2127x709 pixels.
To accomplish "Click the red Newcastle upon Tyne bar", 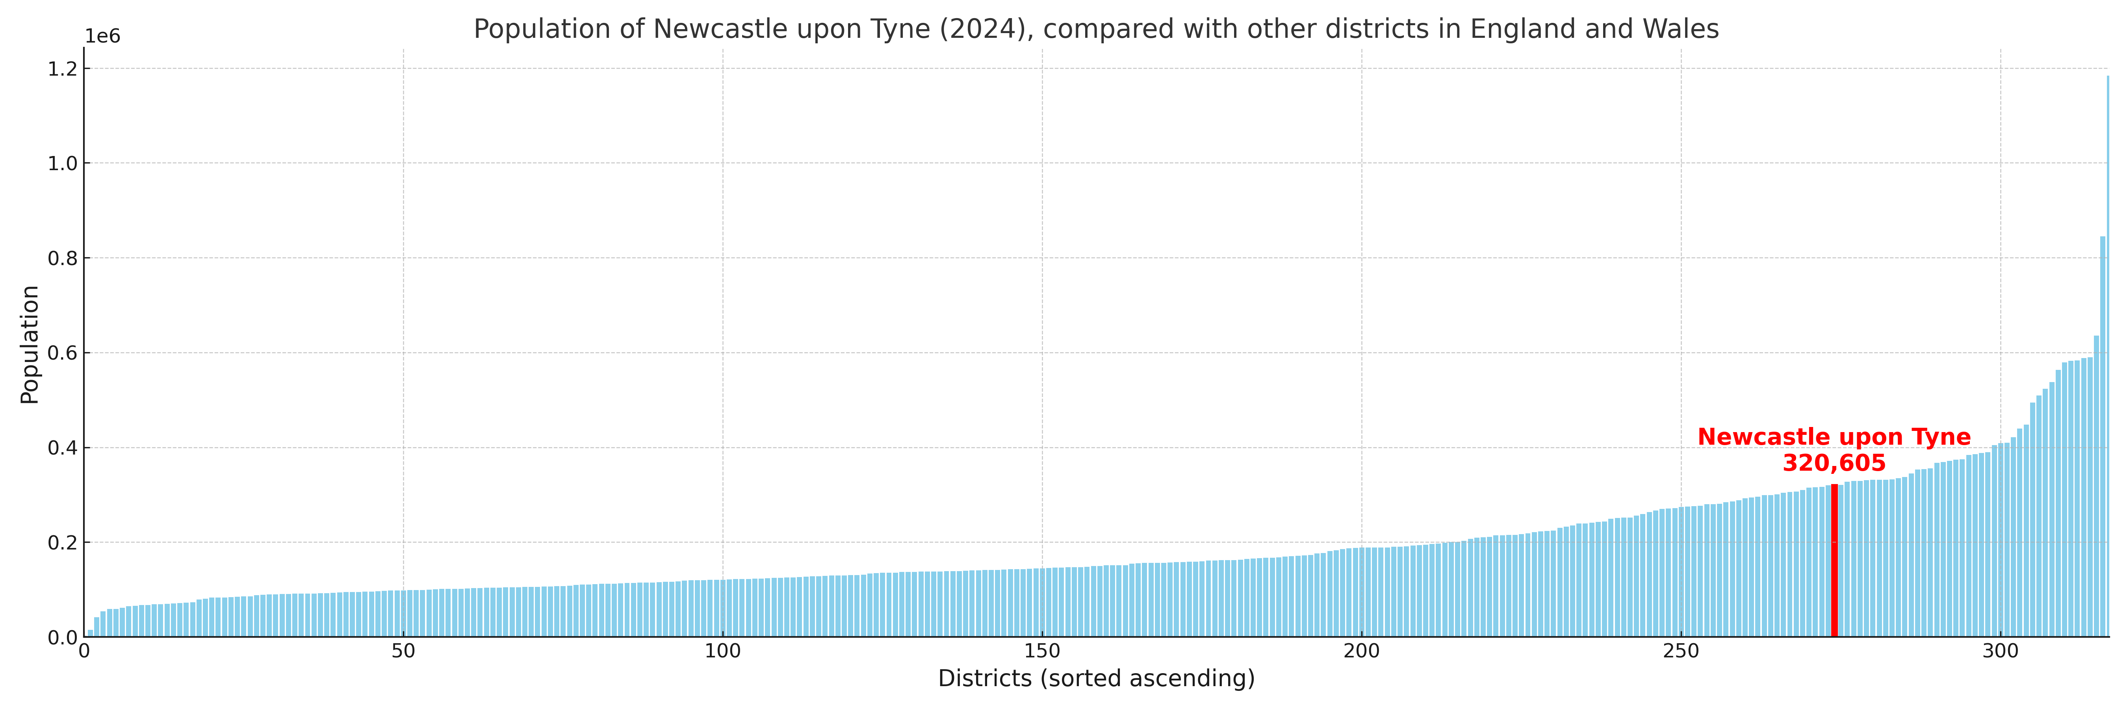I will point(1834,561).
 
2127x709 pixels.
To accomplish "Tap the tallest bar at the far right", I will point(2107,355).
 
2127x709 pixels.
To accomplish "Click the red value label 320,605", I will point(1834,463).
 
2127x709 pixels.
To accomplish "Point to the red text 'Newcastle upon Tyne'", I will point(1834,438).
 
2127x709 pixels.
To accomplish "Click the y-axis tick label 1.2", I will point(62,69).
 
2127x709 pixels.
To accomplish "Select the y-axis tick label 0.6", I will point(62,353).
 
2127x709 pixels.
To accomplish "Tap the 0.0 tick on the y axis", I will point(62,637).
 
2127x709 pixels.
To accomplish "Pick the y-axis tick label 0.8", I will point(62,258).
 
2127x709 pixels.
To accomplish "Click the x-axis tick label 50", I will point(403,651).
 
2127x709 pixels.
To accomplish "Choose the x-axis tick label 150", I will point(1042,651).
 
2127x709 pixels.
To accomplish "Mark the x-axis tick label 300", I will point(2000,651).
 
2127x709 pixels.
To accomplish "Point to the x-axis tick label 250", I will point(1680,651).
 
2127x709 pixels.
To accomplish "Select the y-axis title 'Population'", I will point(30,344).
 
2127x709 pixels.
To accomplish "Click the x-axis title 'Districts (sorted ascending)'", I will point(1096,678).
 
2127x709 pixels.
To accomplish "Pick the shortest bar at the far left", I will point(90,633).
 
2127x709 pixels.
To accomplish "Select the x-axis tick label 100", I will point(722,651).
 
